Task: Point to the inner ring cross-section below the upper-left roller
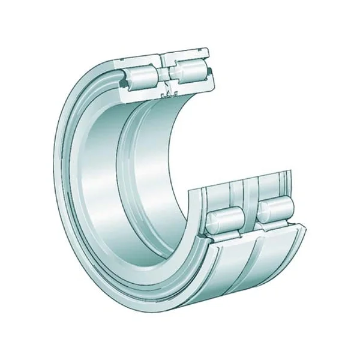141,91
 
